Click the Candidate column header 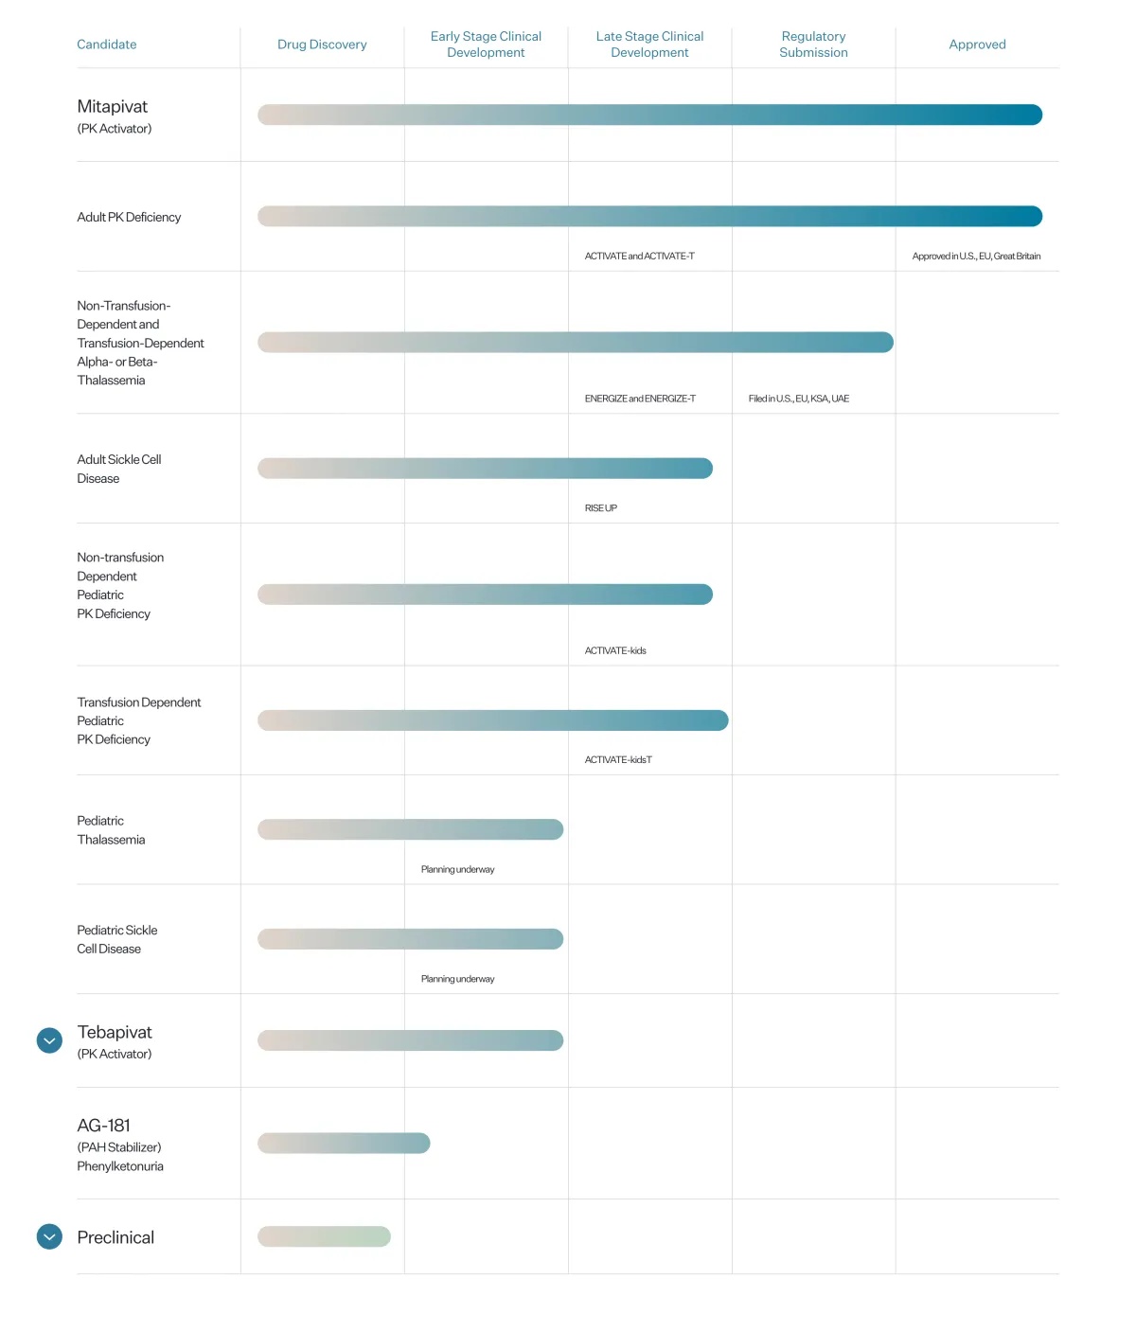tap(107, 44)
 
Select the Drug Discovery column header tap(322, 44)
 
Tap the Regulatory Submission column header tap(813, 44)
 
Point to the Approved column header tap(977, 44)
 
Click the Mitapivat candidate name tap(113, 107)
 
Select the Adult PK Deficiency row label tap(129, 217)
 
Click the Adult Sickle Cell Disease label tap(119, 469)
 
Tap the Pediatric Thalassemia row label tap(111, 830)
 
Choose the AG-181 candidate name tap(104, 1126)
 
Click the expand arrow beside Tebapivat tap(49, 1040)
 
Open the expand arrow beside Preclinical tap(49, 1236)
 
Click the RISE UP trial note tap(601, 508)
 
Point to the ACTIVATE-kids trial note tap(615, 650)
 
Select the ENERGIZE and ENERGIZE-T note tap(640, 399)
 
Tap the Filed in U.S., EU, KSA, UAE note tap(798, 399)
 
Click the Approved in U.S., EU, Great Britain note tap(976, 257)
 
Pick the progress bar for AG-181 tap(344, 1144)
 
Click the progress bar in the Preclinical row tap(324, 1236)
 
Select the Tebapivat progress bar tap(410, 1040)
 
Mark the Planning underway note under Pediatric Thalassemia tap(457, 869)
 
